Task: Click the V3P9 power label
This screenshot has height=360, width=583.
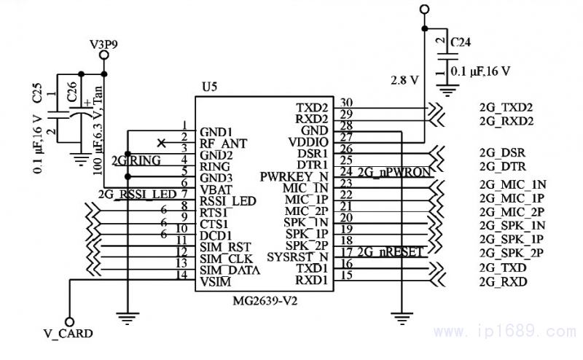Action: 103,44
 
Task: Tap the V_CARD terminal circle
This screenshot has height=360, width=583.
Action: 69,321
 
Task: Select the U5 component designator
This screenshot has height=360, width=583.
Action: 209,87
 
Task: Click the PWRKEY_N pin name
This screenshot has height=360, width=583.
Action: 294,177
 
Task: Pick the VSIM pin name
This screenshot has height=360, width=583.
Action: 215,281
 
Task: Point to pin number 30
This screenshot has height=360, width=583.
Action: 346,103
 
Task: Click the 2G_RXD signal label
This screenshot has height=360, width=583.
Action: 503,281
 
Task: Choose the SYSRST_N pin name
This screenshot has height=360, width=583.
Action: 297,257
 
